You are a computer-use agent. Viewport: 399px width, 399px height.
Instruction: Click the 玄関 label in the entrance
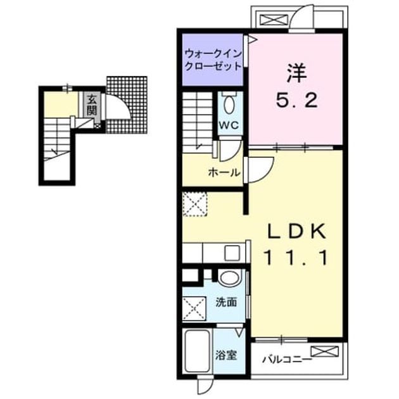(92, 105)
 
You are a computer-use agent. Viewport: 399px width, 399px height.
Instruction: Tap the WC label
(229, 125)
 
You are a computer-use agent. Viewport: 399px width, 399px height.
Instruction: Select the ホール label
(224, 173)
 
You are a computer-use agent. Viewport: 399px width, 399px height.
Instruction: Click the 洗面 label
(226, 302)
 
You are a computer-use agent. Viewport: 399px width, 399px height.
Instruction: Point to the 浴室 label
(226, 355)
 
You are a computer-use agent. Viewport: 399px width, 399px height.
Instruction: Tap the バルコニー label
(287, 360)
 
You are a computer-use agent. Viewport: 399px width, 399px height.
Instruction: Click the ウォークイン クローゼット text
(213, 60)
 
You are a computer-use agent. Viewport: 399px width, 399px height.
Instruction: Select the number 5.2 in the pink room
(296, 100)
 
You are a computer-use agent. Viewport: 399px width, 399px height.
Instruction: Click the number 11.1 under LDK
(296, 258)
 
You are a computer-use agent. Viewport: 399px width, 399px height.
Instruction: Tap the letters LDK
(296, 231)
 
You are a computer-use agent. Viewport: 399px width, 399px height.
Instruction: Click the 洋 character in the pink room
(296, 73)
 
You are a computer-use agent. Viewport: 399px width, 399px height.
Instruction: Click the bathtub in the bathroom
(198, 351)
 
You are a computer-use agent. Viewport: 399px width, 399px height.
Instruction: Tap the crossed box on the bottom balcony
(325, 351)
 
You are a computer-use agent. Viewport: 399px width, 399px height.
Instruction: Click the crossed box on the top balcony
(274, 20)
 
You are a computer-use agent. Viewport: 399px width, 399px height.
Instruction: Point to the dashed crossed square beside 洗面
(194, 308)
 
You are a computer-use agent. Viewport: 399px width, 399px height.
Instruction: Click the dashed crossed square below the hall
(195, 205)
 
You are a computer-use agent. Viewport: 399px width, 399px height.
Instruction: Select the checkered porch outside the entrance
(127, 104)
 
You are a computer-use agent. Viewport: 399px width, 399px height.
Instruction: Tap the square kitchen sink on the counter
(232, 253)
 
